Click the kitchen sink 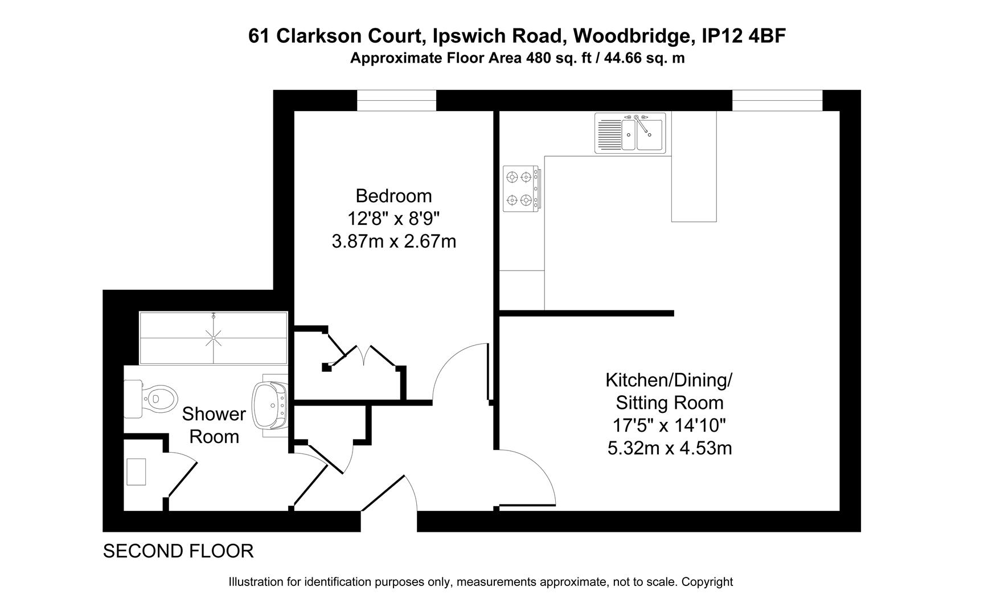(630, 133)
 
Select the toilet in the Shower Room (154, 397)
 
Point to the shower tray (214, 338)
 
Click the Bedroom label (393, 196)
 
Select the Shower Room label (214, 425)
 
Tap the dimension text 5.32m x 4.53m (670, 449)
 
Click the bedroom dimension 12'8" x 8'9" (393, 219)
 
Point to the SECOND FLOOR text (178, 551)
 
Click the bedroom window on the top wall (396, 101)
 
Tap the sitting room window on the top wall (777, 101)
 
